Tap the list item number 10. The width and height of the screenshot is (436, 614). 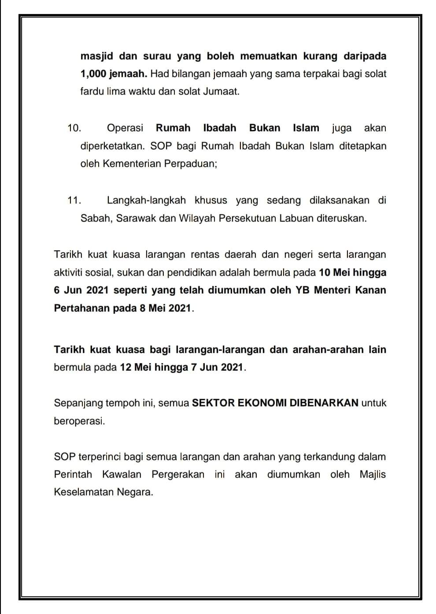pyautogui.click(x=74, y=128)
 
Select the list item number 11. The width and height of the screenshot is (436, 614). pyautogui.click(x=74, y=201)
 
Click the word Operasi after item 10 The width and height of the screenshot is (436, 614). pyautogui.click(x=125, y=128)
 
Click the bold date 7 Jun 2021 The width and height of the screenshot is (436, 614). pyautogui.click(x=217, y=367)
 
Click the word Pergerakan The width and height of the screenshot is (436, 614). pyautogui.click(x=178, y=474)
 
